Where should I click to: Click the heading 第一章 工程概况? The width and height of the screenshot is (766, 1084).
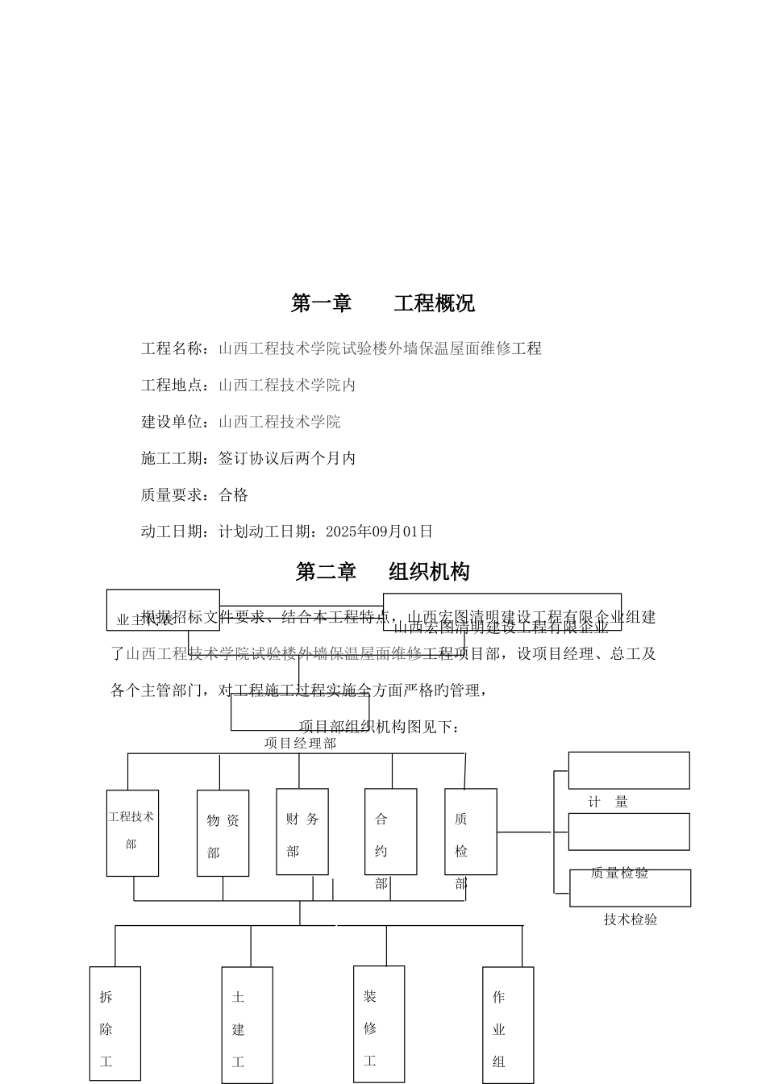click(382, 303)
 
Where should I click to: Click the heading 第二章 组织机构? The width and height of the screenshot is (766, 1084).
click(382, 572)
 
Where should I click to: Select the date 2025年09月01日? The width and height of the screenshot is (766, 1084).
click(379, 532)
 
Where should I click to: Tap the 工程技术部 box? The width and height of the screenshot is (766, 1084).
click(132, 833)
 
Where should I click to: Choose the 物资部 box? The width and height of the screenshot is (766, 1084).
click(223, 833)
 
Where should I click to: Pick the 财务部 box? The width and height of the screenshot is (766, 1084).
click(302, 832)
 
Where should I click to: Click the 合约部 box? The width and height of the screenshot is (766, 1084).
click(390, 832)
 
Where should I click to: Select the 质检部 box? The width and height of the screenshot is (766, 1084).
click(470, 832)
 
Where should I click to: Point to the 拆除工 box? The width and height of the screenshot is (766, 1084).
click(114, 1024)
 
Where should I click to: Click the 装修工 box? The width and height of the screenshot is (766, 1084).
click(378, 1024)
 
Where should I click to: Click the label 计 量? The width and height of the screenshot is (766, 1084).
click(608, 802)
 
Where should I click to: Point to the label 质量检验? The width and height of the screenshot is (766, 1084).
click(619, 873)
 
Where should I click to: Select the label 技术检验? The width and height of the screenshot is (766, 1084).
click(631, 919)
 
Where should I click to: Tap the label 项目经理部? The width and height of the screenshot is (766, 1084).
click(300, 744)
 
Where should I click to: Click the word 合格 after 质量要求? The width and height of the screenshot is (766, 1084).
click(234, 495)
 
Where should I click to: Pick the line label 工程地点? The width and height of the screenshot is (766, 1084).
click(173, 386)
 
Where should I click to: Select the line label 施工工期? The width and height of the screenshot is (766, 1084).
click(173, 459)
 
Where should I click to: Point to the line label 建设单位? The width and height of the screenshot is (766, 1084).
click(173, 422)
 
